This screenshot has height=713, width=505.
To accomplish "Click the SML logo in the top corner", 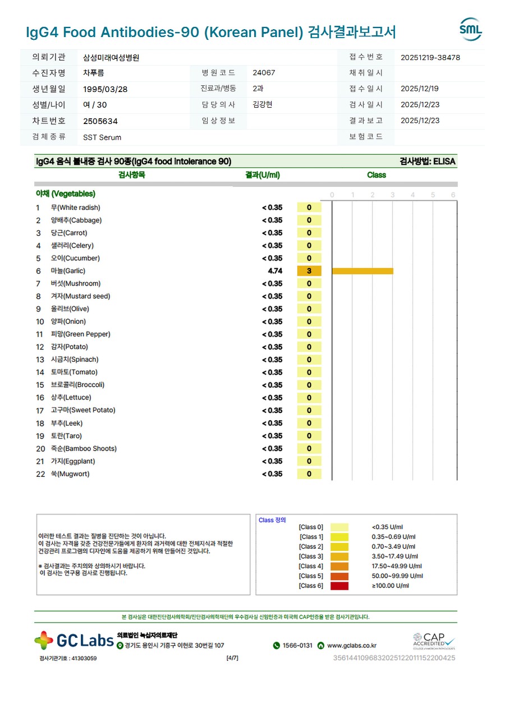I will tap(470, 29).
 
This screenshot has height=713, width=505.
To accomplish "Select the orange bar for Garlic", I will tap(362, 271).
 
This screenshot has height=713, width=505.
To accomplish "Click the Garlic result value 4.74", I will tap(275, 271).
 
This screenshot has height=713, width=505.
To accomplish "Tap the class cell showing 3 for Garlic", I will tap(309, 271).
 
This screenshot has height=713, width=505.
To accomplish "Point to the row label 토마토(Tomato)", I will tap(74, 372).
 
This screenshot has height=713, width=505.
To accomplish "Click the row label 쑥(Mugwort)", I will tap(70, 474).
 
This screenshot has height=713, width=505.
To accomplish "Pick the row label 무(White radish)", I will tap(76, 208).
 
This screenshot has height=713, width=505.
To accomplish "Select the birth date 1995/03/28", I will tap(104, 89).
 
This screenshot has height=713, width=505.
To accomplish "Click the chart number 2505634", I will tap(100, 121).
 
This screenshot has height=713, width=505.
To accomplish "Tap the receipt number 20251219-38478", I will tap(430, 57).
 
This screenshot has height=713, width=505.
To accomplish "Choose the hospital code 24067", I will tap(264, 73).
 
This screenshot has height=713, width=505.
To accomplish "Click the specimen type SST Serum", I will tap(102, 137).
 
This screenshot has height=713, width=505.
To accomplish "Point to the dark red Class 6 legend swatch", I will tap(339, 586).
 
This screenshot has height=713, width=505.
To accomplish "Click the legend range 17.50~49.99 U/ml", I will tap(397, 567).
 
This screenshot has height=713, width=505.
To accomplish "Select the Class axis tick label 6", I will tap(453, 195).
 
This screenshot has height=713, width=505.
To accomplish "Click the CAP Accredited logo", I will tap(434, 640).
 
